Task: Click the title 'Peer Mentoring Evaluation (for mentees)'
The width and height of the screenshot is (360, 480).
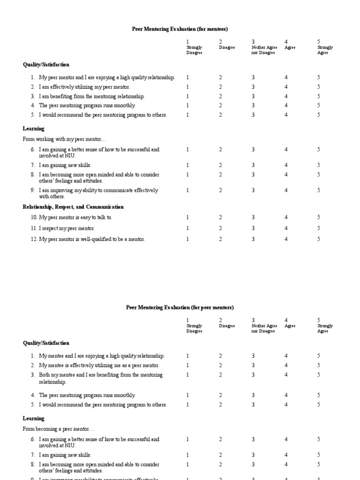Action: tap(180, 29)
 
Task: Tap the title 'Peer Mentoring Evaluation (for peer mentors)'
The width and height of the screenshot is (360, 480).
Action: tap(180, 307)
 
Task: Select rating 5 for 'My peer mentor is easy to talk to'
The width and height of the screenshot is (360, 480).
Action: tap(319, 217)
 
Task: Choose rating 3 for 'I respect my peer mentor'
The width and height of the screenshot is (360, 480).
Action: tap(253, 228)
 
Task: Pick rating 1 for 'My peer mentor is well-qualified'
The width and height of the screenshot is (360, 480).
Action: tap(187, 239)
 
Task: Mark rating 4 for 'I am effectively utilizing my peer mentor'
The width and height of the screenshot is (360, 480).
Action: tap(286, 87)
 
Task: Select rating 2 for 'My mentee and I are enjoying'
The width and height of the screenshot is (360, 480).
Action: tap(220, 356)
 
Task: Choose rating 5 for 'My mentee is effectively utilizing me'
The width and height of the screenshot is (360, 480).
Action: tap(319, 365)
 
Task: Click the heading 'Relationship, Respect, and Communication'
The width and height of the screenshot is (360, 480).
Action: tap(73, 207)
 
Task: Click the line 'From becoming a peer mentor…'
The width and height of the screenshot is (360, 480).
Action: tap(58, 429)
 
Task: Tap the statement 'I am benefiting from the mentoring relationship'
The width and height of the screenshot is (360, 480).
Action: tap(91, 96)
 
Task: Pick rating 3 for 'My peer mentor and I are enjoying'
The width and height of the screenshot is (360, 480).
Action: tap(253, 77)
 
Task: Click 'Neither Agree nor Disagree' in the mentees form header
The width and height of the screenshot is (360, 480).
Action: tap(264, 50)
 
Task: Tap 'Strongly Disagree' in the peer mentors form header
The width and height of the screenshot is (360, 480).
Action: tap(194, 328)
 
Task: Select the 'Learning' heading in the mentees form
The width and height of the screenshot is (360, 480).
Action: tap(34, 128)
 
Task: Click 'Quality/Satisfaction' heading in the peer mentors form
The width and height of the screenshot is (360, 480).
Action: tap(46, 343)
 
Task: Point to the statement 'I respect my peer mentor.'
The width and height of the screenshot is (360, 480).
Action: tap(67, 228)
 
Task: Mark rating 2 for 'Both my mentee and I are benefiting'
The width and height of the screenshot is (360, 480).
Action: tap(220, 375)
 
